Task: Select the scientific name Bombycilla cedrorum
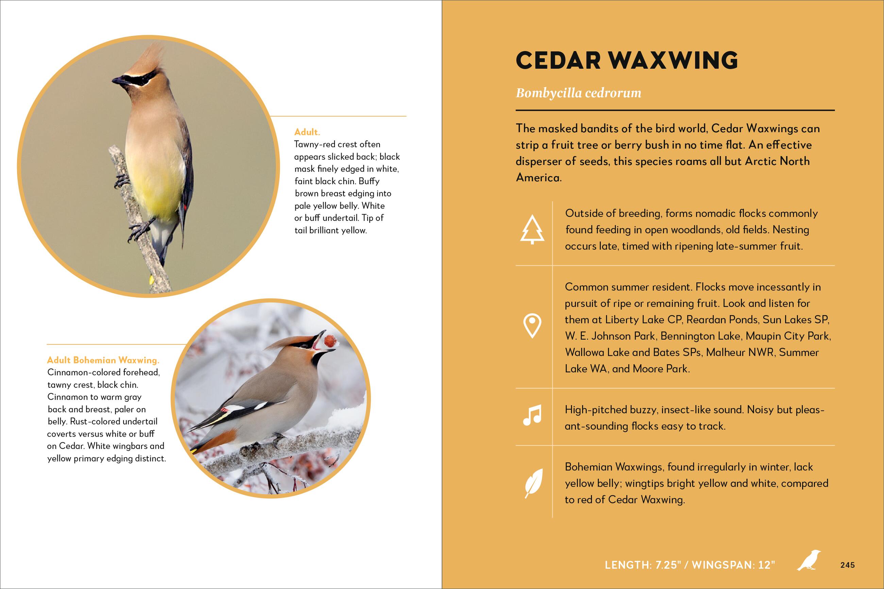579,93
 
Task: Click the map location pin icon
532,326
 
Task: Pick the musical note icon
532,415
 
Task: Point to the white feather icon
533,483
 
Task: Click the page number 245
848,575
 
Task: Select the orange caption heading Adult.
307,132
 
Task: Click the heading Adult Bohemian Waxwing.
103,360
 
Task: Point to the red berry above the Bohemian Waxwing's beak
330,340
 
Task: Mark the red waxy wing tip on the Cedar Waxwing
186,206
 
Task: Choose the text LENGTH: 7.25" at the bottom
643,575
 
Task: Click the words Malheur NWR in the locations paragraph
740,352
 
